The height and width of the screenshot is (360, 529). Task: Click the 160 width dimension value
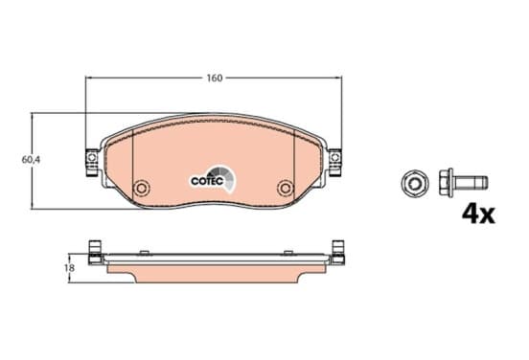click(x=215, y=79)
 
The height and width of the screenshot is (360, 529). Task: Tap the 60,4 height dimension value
click(x=31, y=160)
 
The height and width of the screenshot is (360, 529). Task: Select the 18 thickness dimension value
click(x=70, y=268)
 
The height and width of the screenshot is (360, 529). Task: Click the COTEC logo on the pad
click(x=213, y=179)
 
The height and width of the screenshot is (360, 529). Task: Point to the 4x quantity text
click(x=478, y=214)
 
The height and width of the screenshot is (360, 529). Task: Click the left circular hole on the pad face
click(x=142, y=188)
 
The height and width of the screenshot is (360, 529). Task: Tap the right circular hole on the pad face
click(x=286, y=188)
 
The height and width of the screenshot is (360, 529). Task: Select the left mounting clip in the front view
click(x=91, y=162)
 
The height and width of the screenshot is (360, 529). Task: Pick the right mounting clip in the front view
click(x=335, y=162)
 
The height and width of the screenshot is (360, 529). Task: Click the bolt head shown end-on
click(x=415, y=184)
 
